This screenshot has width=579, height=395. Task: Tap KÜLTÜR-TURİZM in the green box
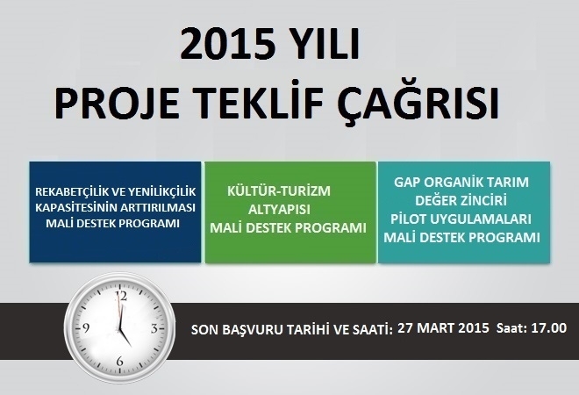coord(279,190)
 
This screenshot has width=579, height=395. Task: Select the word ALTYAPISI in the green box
coord(279,210)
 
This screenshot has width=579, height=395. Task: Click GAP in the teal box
coord(407,183)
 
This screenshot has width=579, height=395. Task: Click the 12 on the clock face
coord(121,296)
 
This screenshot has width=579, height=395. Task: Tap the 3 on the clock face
coord(154,328)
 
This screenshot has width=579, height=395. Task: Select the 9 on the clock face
coord(86,327)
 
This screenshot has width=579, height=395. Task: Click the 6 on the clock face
coord(119,361)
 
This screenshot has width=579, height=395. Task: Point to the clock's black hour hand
coord(125,337)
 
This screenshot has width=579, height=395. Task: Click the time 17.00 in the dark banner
coord(548,327)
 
